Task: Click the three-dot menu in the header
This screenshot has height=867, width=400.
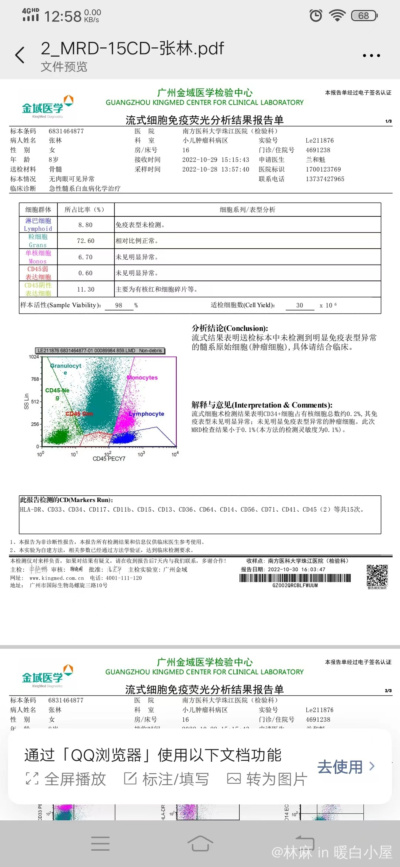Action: tap(371, 56)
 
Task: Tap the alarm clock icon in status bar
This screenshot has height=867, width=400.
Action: tap(316, 16)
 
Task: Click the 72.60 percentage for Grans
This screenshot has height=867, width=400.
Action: tap(86, 241)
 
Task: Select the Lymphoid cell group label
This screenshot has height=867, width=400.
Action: tap(38, 225)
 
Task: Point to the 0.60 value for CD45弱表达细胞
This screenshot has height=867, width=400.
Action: tap(86, 273)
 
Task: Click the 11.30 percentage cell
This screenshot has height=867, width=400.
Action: tap(86, 289)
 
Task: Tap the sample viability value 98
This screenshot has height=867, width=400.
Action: tap(119, 305)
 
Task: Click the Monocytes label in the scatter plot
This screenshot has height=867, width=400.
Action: tap(142, 378)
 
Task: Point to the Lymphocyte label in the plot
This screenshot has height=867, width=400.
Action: tap(147, 414)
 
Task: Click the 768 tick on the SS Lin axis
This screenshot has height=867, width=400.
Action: tap(35, 379)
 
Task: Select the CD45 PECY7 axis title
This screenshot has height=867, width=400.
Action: tap(109, 459)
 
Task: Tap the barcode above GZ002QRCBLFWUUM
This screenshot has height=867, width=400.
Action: tap(295, 578)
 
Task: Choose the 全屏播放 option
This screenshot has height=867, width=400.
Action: tap(66, 779)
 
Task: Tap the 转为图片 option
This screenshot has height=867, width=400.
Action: tap(267, 779)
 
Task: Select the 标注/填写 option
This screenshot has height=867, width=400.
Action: tap(166, 779)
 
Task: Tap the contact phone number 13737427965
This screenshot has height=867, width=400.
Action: tap(325, 179)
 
